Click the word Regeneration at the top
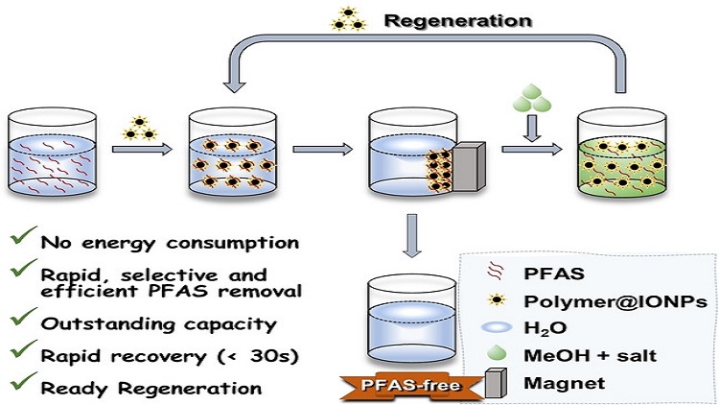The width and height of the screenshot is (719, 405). (x=457, y=21)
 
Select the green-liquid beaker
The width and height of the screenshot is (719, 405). (x=621, y=154)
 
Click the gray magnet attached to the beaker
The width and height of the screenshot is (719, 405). (x=469, y=166)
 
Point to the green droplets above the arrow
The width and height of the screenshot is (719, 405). (x=531, y=98)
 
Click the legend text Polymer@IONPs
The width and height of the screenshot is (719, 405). (x=615, y=301)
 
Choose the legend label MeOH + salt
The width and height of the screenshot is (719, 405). (x=590, y=355)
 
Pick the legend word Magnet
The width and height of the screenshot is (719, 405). (x=564, y=383)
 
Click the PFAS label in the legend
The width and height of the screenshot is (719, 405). (x=554, y=274)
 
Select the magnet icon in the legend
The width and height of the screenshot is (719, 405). (x=496, y=383)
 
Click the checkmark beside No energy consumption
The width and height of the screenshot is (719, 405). (x=23, y=235)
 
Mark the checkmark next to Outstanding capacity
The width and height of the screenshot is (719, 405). (x=23, y=318)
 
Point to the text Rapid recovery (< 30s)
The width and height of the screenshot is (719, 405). (x=170, y=356)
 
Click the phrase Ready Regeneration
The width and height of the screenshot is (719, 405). (x=151, y=389)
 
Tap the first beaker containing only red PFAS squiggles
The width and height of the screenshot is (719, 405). (x=52, y=153)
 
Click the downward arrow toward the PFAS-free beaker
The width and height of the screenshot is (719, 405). (x=412, y=235)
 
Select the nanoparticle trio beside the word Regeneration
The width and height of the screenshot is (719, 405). (x=349, y=19)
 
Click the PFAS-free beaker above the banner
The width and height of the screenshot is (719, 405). (x=412, y=320)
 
